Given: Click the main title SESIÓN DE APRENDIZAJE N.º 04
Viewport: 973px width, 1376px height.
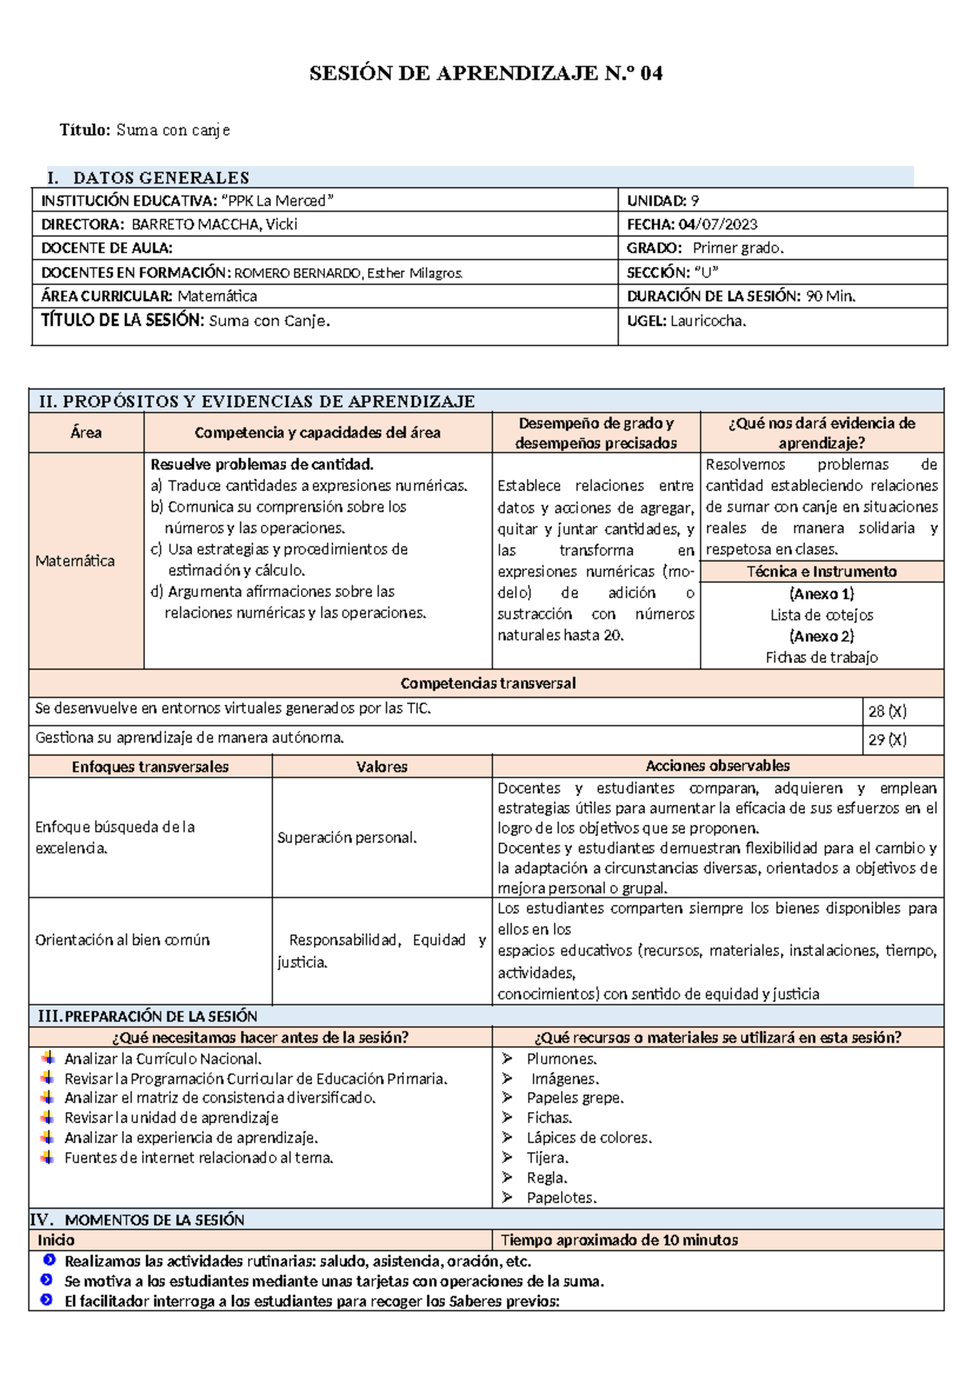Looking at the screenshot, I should coord(486,74).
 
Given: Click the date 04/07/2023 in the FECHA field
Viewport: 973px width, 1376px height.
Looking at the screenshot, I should coord(718,225).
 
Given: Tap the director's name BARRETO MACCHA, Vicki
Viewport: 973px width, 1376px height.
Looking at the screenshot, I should coord(214,225).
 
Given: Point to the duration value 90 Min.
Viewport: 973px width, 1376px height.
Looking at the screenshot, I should coord(830,297).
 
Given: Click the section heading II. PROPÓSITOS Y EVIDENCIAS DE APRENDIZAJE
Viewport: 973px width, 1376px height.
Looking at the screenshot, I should coord(257,402).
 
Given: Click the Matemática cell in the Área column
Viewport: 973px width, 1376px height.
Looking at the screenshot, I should coord(75,561).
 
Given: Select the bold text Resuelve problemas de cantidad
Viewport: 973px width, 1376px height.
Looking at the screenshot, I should coord(262,465).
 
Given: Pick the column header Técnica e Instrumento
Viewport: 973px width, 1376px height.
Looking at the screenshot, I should coord(821,572).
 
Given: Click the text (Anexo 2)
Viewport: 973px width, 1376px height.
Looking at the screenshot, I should coord(821,637).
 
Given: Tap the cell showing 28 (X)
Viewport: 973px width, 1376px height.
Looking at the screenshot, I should coord(887,712).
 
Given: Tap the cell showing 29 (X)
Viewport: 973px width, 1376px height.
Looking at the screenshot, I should coord(887,740).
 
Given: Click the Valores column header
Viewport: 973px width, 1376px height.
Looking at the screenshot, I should coord(382,767).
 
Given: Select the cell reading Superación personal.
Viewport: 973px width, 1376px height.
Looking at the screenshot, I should coord(347,838).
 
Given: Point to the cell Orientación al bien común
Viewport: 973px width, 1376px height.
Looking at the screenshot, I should coord(122,940).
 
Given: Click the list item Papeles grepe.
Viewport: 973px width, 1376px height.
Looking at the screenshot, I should coord(575,1099).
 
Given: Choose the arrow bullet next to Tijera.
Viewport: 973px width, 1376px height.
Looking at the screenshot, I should coord(508,1158).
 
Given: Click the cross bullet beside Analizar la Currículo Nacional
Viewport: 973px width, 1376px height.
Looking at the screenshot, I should coord(48,1058).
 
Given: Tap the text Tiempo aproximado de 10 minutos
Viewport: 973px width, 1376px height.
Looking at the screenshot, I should coord(619,1241).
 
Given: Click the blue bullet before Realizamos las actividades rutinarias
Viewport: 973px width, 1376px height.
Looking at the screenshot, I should coord(49,1261).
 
